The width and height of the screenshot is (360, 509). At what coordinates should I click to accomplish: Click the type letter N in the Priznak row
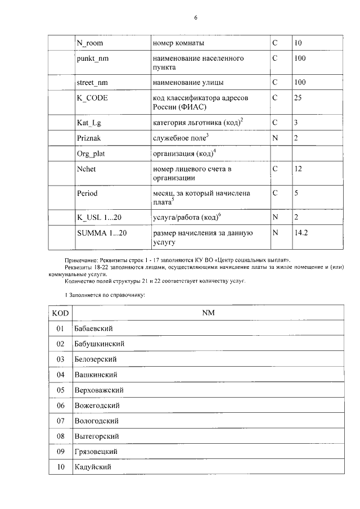pos(275,137)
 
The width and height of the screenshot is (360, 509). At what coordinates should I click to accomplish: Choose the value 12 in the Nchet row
pos(299,168)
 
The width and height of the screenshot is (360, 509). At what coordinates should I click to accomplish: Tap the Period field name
pos(88,193)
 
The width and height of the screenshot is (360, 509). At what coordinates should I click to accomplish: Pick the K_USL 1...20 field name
pos(97,217)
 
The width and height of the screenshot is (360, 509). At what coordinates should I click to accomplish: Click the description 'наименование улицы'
pos(186,82)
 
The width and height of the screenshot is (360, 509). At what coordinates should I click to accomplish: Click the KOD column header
pos(60,312)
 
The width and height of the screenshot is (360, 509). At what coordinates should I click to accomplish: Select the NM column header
pos(208,312)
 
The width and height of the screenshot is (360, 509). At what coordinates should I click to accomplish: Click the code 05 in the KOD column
pos(60,390)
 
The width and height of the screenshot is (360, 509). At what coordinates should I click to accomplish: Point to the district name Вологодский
pos(96,421)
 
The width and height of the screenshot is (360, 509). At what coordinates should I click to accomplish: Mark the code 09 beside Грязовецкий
pos(60,452)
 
